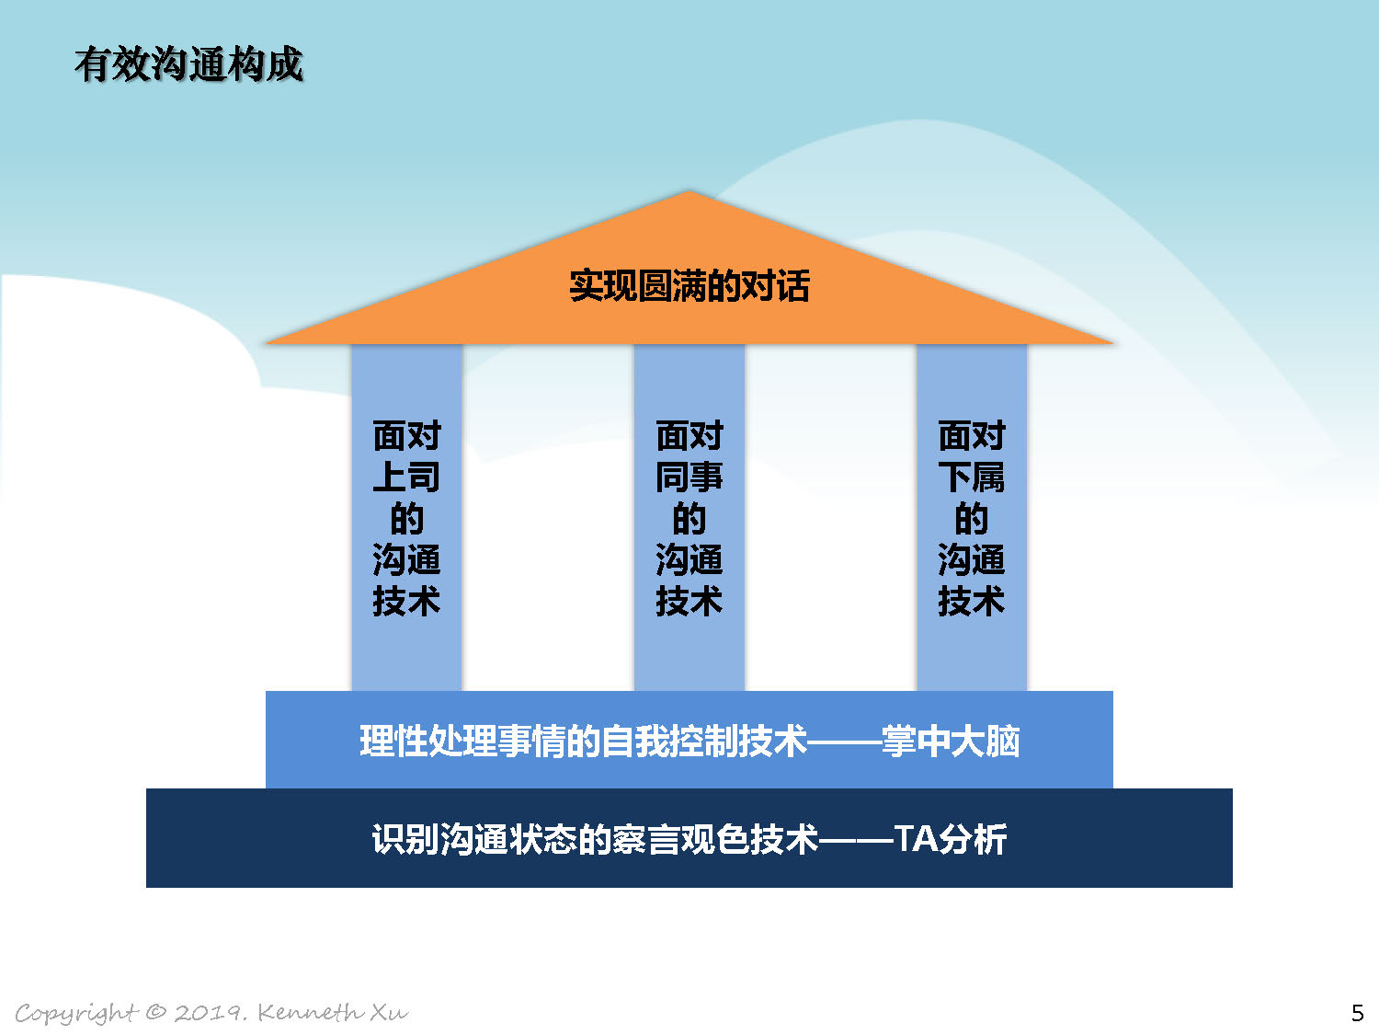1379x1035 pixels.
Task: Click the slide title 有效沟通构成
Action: (x=189, y=64)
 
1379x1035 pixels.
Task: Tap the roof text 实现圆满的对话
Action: (x=689, y=286)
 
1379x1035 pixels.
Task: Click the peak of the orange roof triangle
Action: (x=689, y=190)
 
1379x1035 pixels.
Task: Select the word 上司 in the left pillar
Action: (x=406, y=477)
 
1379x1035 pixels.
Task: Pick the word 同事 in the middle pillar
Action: (x=689, y=477)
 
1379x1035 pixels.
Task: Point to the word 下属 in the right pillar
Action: (x=971, y=477)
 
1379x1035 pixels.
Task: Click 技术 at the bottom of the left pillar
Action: (x=406, y=601)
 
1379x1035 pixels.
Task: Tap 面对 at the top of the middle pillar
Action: (x=689, y=435)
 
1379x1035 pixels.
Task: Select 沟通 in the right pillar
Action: (x=971, y=559)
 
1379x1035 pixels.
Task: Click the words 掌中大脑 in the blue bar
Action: (x=951, y=742)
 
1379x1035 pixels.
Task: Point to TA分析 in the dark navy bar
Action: (x=950, y=839)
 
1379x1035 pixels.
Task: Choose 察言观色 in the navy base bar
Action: (x=681, y=839)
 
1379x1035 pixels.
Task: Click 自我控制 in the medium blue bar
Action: (x=669, y=742)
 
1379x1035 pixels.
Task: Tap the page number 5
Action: (x=1358, y=1013)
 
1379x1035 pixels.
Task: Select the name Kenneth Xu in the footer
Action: (x=333, y=1012)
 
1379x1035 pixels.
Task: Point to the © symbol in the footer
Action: (x=155, y=1012)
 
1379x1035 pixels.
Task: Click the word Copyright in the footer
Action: (x=76, y=1014)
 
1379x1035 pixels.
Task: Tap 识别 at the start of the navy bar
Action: (x=405, y=839)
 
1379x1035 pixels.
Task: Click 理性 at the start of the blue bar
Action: (x=393, y=742)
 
